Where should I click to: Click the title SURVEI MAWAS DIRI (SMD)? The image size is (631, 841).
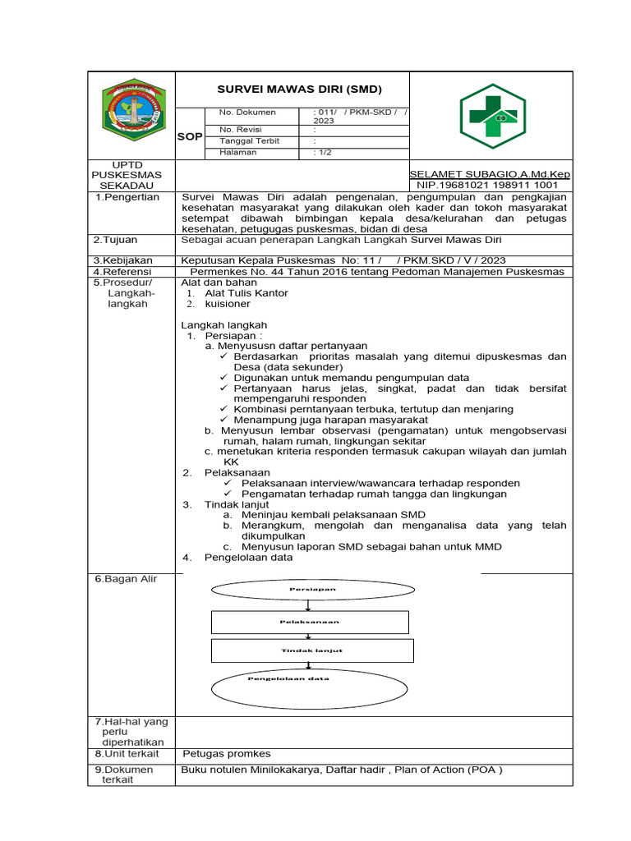pos(299,89)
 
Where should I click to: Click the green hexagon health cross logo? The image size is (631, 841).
pos(491,116)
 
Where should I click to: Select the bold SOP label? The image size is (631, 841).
pos(190,136)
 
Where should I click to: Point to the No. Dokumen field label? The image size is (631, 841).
pos(247,113)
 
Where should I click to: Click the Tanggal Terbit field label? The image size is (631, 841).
pos(249,141)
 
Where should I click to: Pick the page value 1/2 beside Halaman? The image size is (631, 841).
pos(322,153)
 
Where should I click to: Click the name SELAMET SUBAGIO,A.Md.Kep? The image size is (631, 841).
pos(490,175)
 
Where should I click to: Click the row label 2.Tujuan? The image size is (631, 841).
pos(115,240)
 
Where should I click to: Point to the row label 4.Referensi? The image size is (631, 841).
pos(122,272)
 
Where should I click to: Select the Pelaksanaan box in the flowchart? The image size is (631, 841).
pos(310,622)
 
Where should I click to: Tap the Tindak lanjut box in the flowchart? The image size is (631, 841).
pos(312,650)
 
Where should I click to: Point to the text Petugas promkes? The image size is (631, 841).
pos(226,754)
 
